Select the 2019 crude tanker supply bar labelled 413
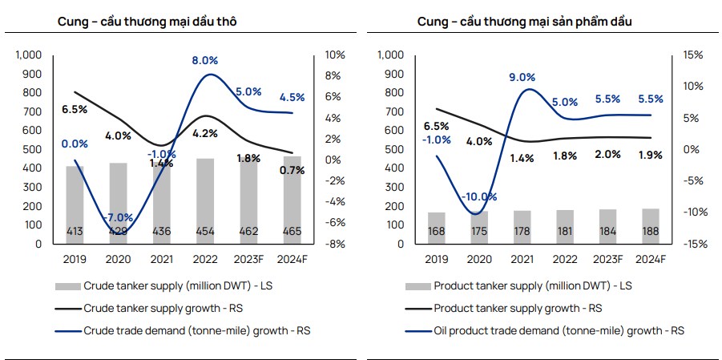[75, 205]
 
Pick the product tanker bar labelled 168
[437, 228]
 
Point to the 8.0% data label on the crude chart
[206, 60]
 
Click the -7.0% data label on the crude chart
[118, 217]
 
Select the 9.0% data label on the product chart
[522, 77]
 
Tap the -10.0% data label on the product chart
[479, 196]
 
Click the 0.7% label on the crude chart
[292, 170]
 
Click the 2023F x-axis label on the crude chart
[248, 260]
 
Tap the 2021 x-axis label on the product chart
[522, 260]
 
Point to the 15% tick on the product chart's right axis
[693, 55]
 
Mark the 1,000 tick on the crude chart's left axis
[29, 55]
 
